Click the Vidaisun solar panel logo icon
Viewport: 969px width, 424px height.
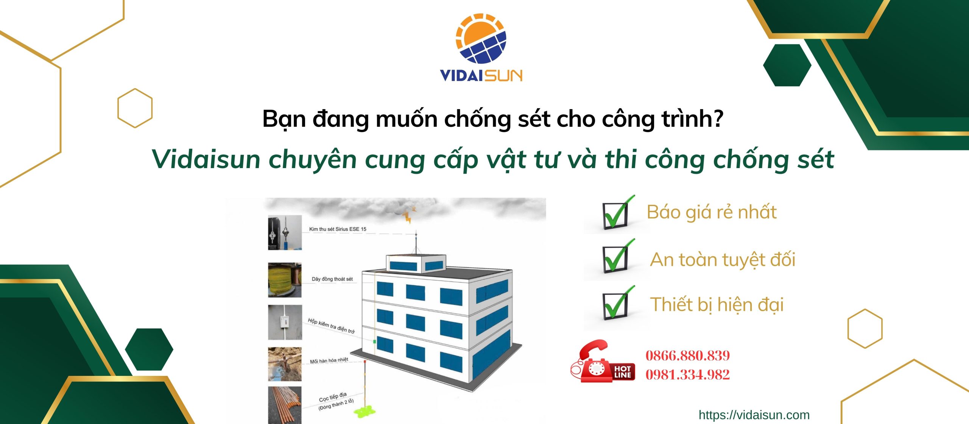(481, 39)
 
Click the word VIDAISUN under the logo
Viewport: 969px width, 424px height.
(481, 75)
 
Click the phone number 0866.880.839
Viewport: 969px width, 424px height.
(687, 355)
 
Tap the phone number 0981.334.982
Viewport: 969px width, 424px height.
(687, 374)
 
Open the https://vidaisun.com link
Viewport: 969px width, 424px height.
(754, 415)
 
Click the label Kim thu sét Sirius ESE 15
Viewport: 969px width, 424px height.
(338, 229)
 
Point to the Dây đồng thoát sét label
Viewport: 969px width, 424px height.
(332, 279)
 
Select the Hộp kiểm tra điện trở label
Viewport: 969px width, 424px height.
(331, 326)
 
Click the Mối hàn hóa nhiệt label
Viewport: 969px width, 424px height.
(329, 360)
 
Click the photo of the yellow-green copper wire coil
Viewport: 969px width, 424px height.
(285, 280)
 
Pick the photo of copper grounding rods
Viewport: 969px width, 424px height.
(285, 404)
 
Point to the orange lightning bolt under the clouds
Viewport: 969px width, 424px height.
(408, 216)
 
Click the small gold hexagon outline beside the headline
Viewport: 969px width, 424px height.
(135, 108)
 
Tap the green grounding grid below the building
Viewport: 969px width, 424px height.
(366, 411)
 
